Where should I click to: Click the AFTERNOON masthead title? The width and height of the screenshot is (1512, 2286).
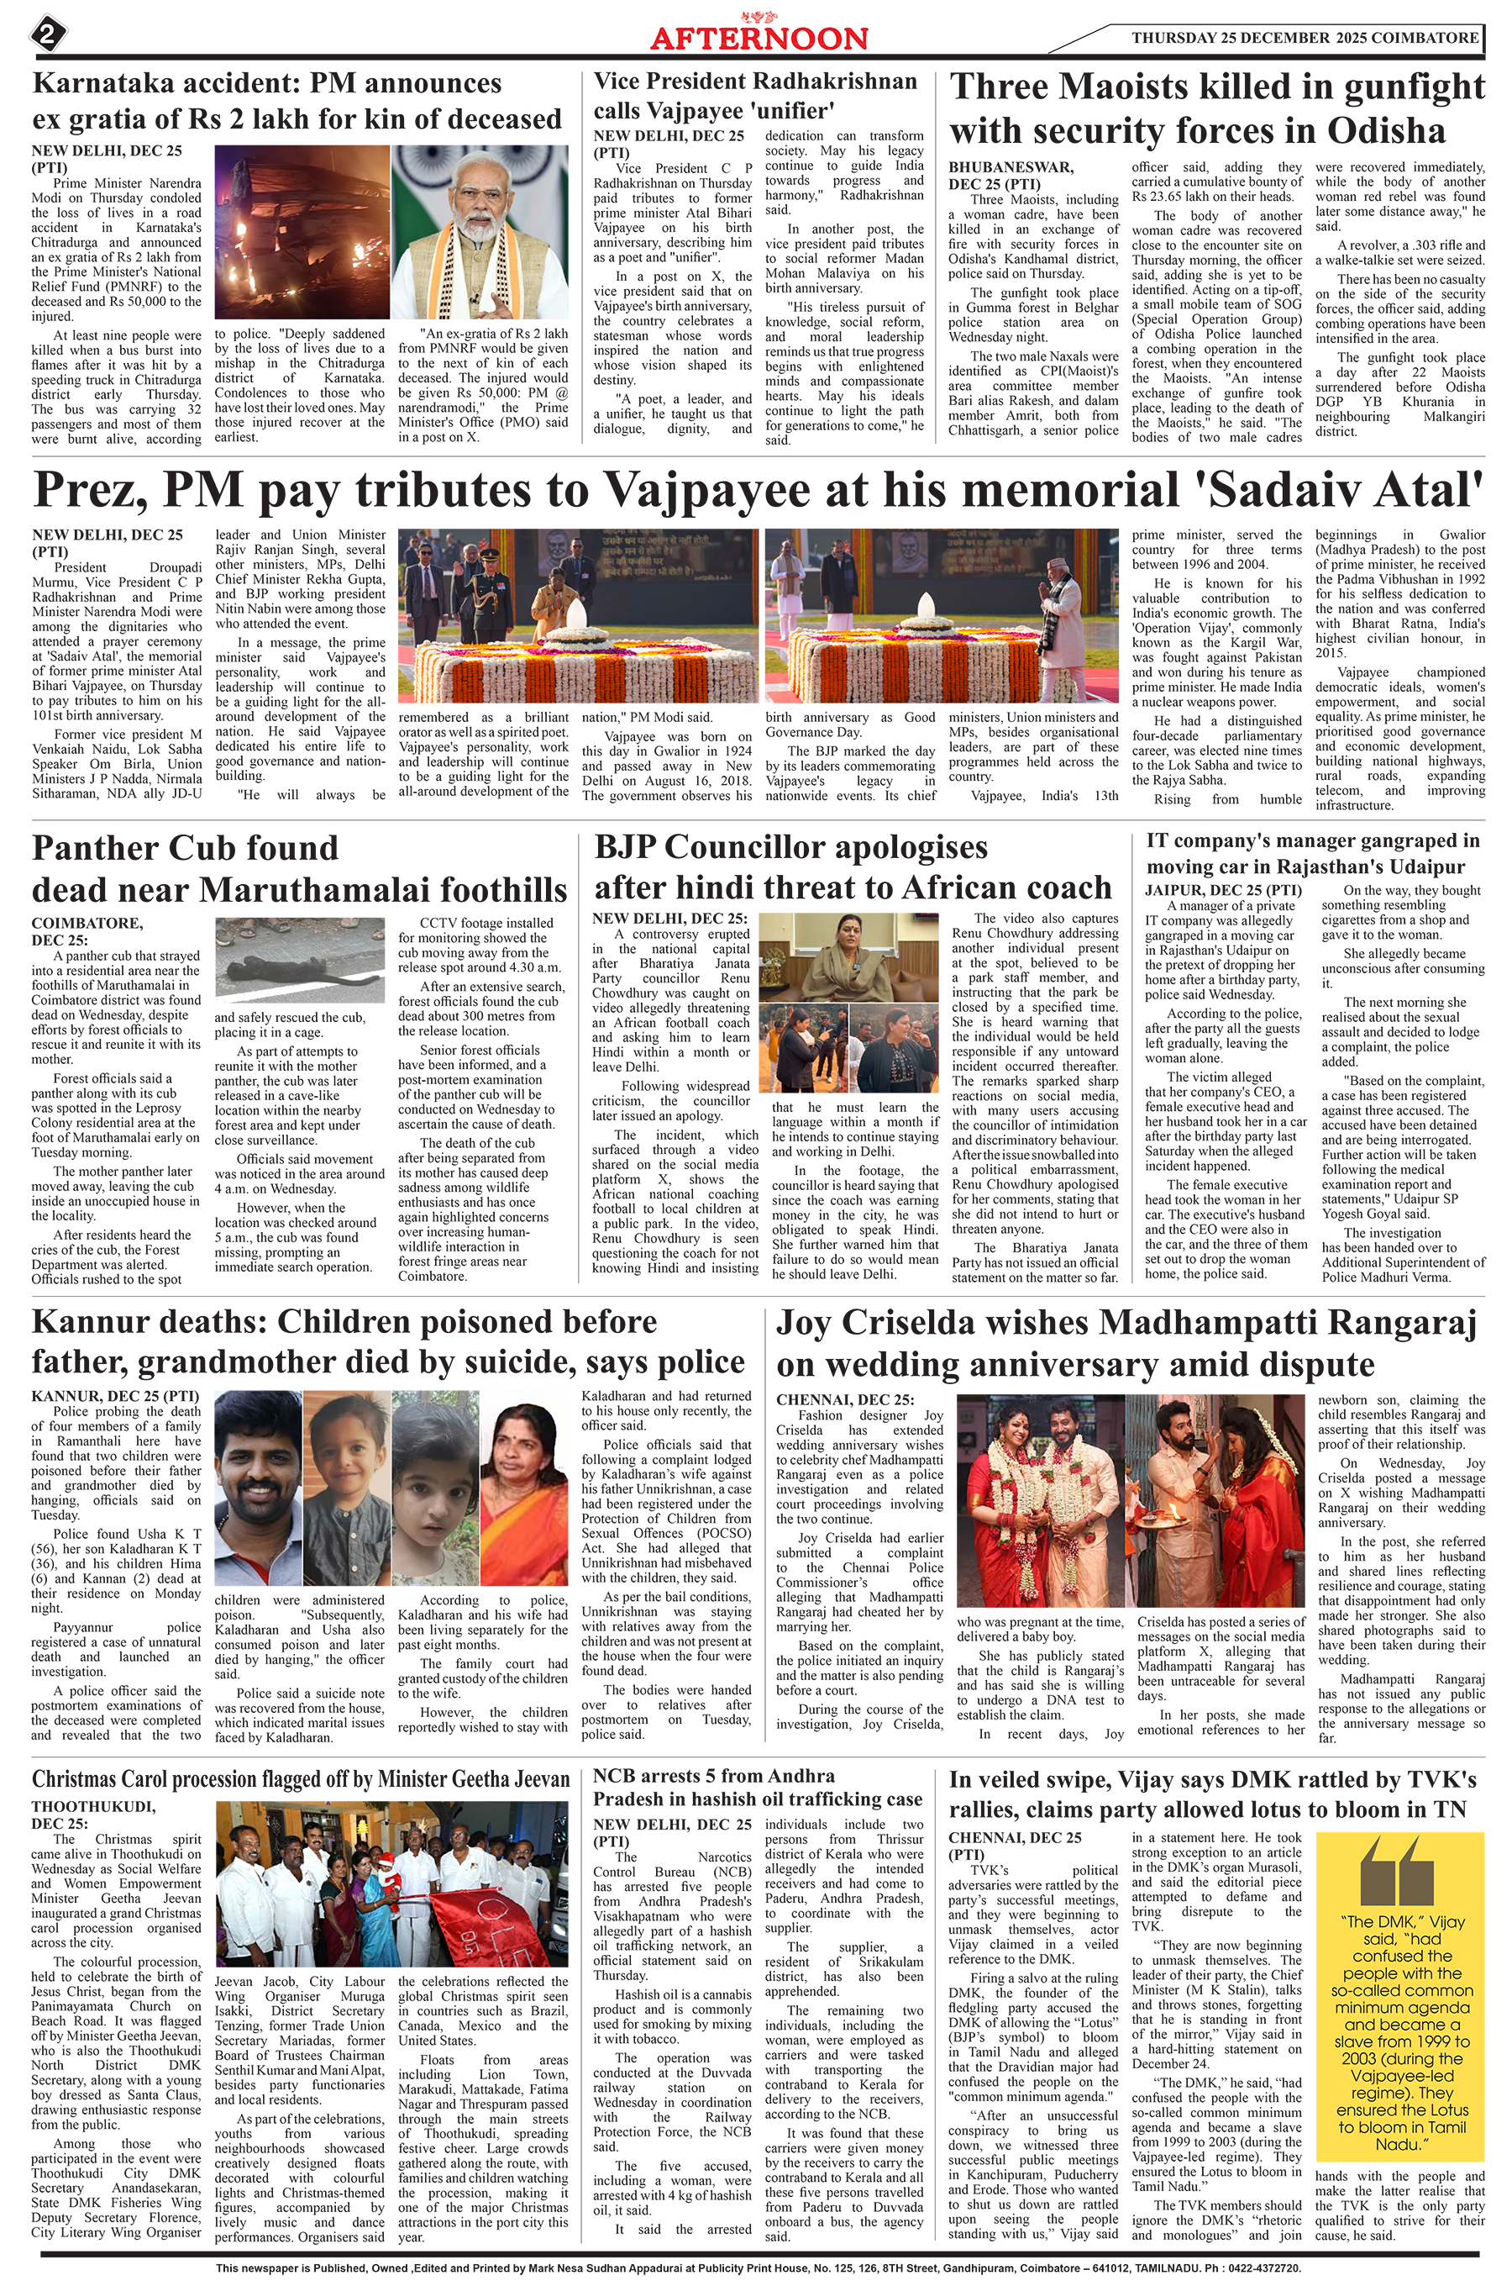coord(758,39)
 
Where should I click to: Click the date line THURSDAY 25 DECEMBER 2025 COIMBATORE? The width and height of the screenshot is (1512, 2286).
coord(1304,38)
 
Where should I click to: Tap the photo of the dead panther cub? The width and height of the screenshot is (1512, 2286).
coord(299,960)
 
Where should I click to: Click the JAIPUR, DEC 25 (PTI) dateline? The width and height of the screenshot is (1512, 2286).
coord(1223,889)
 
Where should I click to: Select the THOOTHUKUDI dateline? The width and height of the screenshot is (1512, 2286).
coord(92,1807)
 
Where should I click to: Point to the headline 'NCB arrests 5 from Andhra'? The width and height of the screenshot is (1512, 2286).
coord(713,1776)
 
